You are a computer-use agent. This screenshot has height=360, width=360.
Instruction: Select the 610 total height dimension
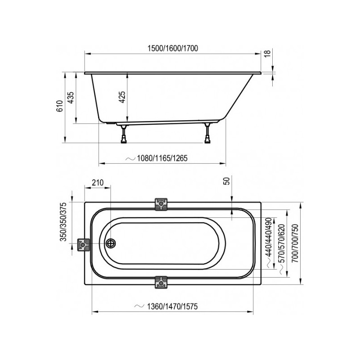tap(58, 107)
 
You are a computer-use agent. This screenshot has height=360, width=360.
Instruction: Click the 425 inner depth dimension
tap(122, 97)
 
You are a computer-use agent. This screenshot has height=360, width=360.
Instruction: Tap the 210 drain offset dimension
tap(97, 182)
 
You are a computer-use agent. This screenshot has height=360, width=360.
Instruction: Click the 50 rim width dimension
tap(227, 181)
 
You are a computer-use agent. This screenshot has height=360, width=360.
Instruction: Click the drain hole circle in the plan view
tap(110, 243)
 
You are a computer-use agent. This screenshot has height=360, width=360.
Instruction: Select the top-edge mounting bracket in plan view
tap(161, 205)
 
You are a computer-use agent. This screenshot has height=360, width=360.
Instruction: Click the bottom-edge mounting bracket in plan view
tap(161, 282)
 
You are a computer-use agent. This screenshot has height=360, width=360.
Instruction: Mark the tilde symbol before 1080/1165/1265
tap(130, 158)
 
